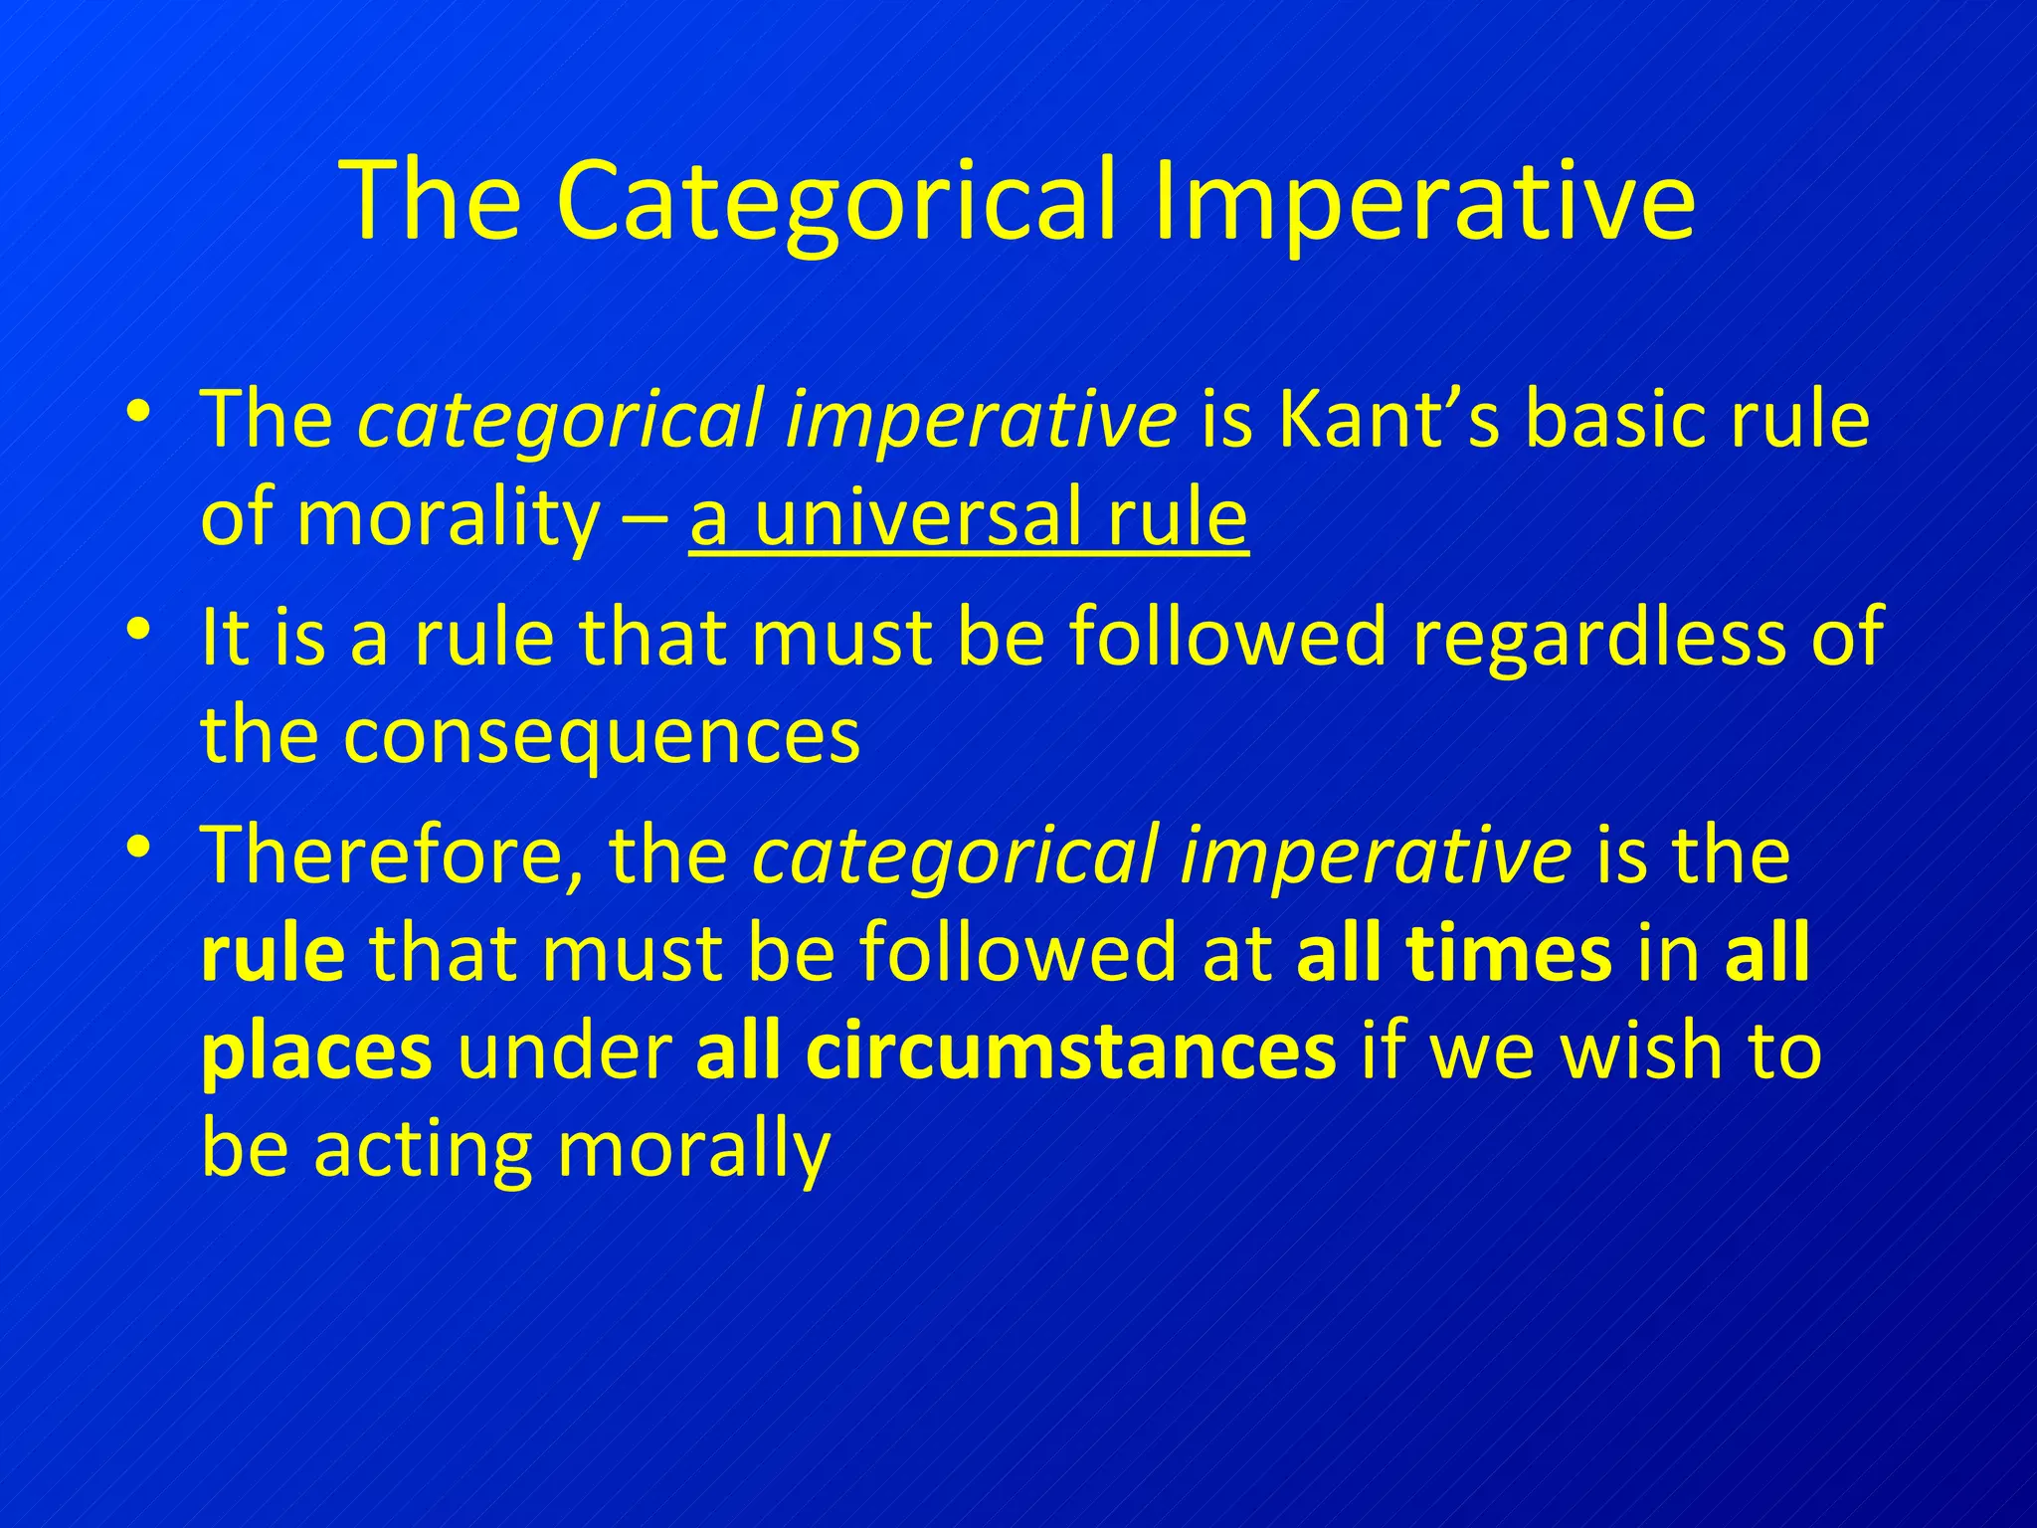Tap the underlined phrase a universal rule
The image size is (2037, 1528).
click(968, 519)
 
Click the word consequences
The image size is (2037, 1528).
click(602, 737)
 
